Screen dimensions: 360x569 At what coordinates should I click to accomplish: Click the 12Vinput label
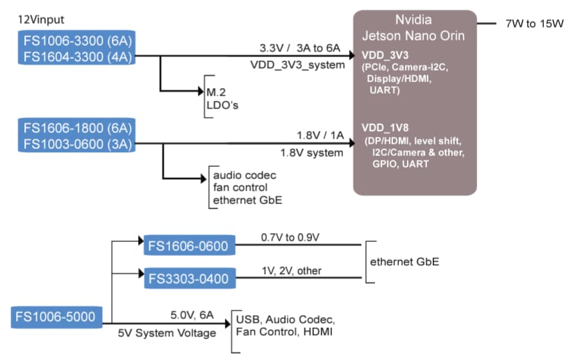click(41, 21)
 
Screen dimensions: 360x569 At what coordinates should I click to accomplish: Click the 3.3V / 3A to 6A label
click(299, 48)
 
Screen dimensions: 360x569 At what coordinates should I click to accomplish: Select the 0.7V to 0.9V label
click(290, 237)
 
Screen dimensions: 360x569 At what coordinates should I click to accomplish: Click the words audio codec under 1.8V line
click(244, 175)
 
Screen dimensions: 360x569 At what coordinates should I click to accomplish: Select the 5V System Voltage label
click(166, 333)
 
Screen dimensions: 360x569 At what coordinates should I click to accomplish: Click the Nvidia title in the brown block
click(414, 20)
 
